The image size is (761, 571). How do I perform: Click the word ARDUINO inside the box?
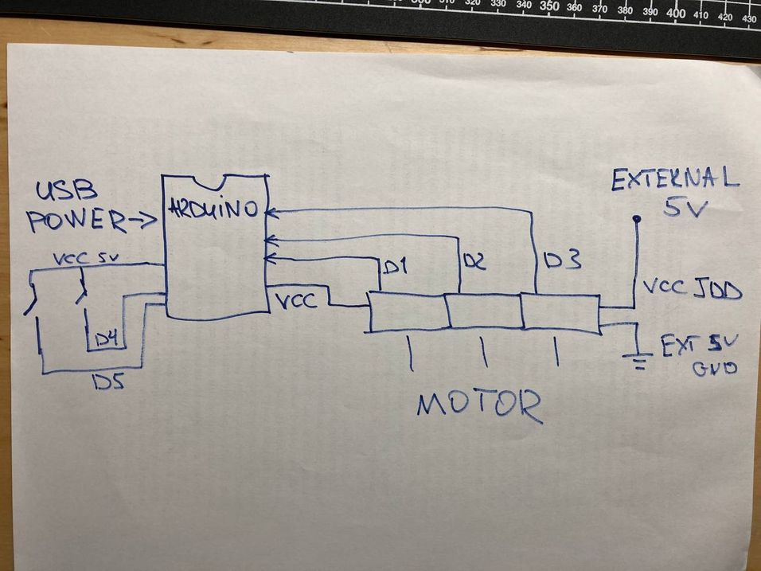213,209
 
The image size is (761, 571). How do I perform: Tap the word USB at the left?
66,191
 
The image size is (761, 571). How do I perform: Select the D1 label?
395,268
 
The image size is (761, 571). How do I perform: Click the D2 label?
473,260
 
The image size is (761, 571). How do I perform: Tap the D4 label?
109,340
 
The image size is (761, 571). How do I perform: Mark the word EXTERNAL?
675,181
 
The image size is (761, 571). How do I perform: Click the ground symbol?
638,359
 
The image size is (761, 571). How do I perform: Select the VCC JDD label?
691,289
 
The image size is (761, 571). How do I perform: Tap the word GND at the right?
713,369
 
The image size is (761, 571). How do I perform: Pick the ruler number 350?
549,6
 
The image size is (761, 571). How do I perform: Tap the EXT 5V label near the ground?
700,345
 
